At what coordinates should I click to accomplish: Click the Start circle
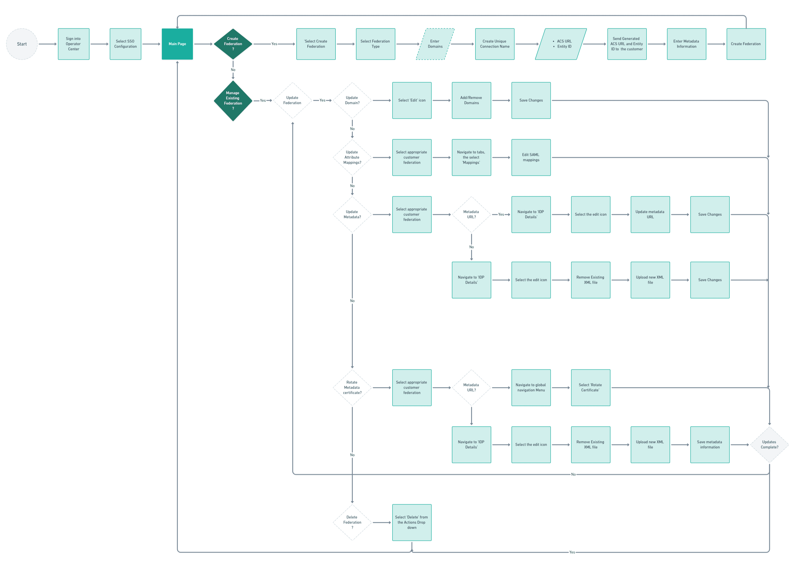[x=22, y=44]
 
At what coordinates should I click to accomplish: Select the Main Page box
[x=177, y=44]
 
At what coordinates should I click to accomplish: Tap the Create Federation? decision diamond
[x=233, y=44]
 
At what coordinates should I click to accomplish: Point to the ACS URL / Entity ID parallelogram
[x=561, y=44]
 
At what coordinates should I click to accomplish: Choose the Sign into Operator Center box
[x=74, y=44]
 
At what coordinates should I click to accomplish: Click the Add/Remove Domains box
[x=471, y=100]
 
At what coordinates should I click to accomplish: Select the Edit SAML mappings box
[x=531, y=157]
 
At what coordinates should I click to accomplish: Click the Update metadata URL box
[x=650, y=214]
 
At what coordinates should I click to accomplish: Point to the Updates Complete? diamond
[x=769, y=445]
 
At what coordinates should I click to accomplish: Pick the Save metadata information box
[x=710, y=445]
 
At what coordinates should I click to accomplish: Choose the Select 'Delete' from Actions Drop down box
[x=412, y=522]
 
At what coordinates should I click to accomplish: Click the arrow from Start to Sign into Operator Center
[x=47, y=44]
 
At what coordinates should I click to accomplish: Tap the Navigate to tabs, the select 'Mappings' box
[x=471, y=157]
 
